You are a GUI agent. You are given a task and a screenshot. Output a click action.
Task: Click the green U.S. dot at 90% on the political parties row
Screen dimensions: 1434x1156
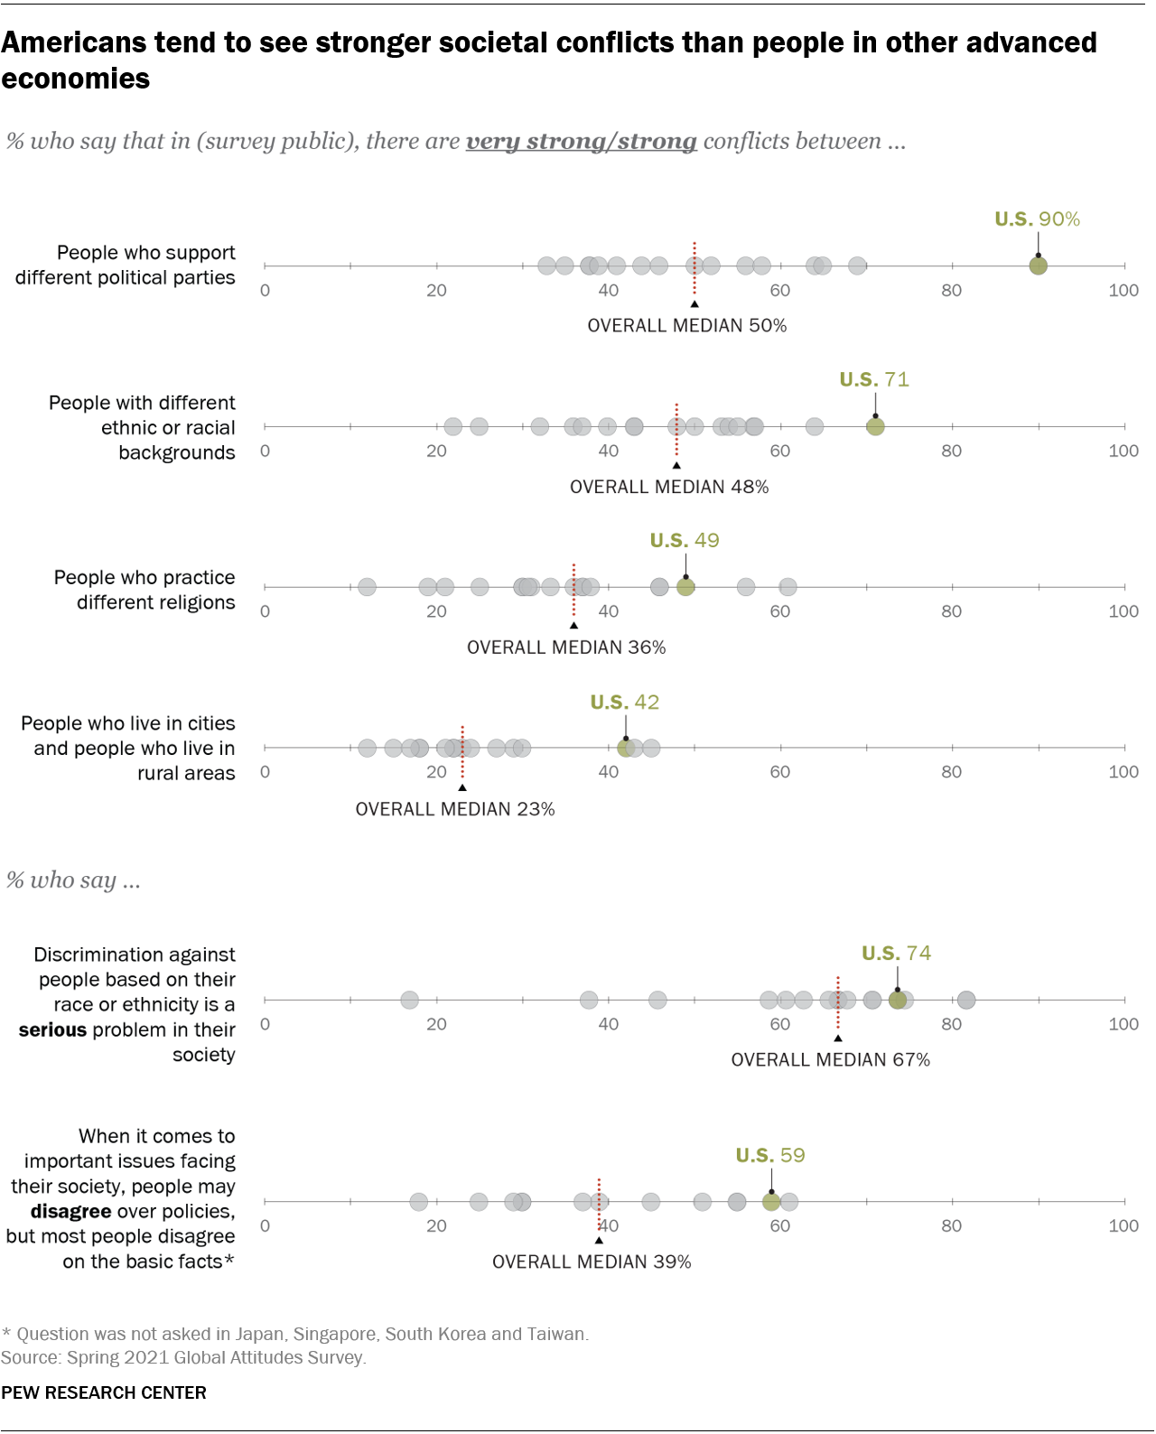pos(1038,265)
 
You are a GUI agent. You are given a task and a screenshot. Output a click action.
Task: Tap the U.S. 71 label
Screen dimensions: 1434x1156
pos(873,379)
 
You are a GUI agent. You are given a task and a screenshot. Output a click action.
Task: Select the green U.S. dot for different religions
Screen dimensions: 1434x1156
pos(685,587)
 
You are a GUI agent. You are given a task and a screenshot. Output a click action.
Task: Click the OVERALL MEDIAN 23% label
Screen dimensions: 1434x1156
pos(454,809)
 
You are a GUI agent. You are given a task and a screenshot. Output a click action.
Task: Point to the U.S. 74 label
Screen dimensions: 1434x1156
pos(896,953)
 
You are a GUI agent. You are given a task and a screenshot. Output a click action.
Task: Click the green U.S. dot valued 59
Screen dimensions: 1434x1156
pos(771,1201)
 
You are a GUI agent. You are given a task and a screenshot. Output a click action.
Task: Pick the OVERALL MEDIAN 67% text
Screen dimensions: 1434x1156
pos(830,1059)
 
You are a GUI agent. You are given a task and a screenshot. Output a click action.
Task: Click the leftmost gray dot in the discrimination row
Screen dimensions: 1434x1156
pos(409,1000)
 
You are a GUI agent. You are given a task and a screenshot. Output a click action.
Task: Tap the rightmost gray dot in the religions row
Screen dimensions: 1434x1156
pos(788,587)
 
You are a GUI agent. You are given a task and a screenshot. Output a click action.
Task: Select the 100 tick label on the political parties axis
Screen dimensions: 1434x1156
pos(1123,290)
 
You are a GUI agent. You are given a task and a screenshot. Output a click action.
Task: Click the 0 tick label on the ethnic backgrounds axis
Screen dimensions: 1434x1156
pos(265,451)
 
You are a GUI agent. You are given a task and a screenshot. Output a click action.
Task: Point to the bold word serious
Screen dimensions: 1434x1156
pos(52,1029)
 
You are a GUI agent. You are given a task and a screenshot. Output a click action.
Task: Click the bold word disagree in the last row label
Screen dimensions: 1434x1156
pos(70,1211)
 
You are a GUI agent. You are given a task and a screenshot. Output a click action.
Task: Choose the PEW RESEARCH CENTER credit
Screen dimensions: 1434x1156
pos(104,1392)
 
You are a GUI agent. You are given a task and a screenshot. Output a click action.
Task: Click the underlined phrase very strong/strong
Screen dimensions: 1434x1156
pos(581,142)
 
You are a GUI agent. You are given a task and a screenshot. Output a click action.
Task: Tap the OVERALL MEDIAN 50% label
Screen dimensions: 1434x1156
pos(686,325)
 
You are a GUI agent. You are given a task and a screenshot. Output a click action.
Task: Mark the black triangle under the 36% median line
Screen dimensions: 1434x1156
pos(573,625)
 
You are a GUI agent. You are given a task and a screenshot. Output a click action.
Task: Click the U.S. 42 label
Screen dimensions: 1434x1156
pos(624,702)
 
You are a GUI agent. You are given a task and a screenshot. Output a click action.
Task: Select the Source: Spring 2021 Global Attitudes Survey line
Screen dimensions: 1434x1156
pos(183,1357)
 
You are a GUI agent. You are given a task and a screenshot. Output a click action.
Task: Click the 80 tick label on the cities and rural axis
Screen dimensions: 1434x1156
pos(951,771)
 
